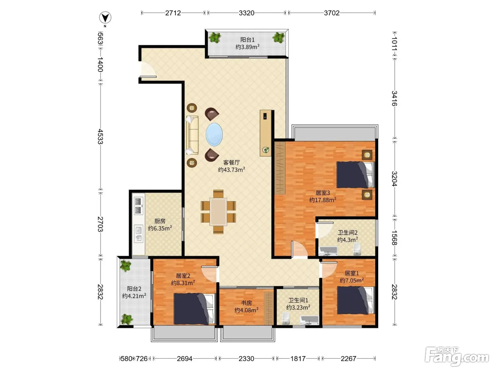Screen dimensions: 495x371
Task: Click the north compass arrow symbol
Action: pos(105,18)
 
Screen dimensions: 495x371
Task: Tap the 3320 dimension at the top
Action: pos(246,13)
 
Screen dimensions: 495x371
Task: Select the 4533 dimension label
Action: pos(100,136)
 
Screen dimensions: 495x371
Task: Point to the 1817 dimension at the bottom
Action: pos(298,358)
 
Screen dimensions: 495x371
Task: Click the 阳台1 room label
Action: pos(248,40)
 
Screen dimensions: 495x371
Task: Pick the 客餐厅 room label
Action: pos(231,163)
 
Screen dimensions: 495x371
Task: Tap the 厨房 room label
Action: pos(160,221)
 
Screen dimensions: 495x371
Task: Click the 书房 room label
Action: pos(246,303)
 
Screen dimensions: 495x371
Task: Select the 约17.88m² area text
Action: pos(323,200)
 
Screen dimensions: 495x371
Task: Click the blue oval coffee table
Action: pos(214,134)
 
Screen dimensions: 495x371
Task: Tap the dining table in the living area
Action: pos(218,212)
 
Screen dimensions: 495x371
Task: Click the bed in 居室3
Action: pos(355,175)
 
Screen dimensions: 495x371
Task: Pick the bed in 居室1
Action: pos(356,300)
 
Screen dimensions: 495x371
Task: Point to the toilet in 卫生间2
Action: pos(357,249)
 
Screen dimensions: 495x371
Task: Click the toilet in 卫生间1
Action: pos(286,318)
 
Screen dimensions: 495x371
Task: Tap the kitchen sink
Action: pos(139,234)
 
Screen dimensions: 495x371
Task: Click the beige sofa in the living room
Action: pos(192,135)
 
